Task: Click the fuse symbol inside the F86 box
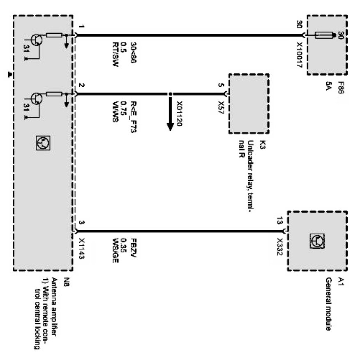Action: coord(325,36)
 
